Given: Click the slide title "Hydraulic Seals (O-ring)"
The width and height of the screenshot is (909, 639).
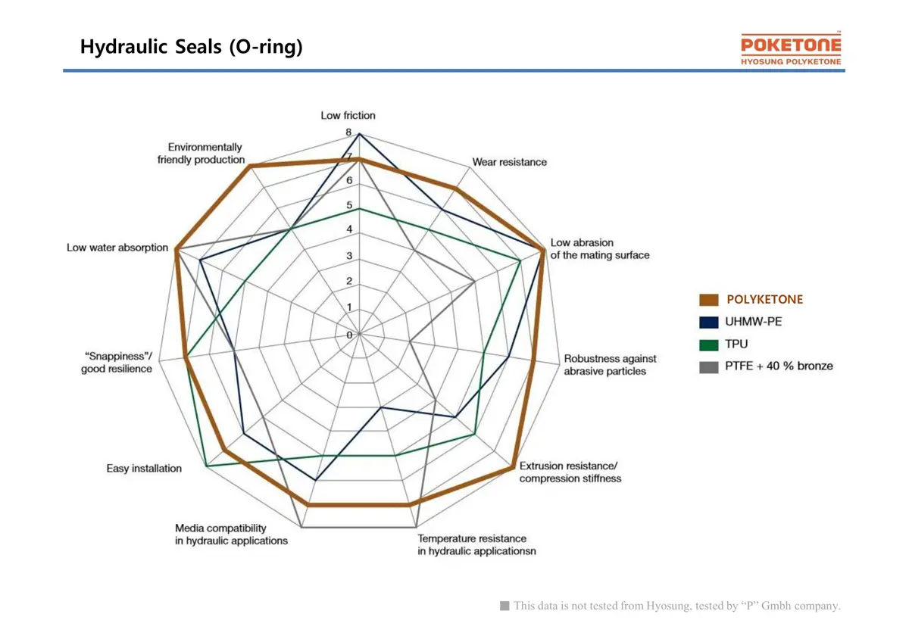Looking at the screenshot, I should pos(192,47).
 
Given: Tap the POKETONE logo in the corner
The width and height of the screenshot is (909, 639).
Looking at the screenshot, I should pos(791,49).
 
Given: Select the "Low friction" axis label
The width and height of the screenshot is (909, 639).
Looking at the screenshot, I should pos(348,115).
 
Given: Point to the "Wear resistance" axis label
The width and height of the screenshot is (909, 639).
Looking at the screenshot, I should pos(509,162).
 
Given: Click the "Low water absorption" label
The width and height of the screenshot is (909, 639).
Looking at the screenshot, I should pos(117,248).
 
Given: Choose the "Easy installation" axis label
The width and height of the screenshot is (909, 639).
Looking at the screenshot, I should pos(144,469).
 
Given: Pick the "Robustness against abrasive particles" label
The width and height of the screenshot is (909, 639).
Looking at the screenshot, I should pos(610,365).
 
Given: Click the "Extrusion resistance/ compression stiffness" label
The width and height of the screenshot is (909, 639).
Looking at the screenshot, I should pos(570,472).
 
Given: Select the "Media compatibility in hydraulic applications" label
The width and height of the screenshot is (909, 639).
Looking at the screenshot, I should pos(231,535).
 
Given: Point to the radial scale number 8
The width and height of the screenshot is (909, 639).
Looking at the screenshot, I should pos(348,132).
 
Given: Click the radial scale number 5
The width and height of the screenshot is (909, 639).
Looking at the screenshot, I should pos(348,205).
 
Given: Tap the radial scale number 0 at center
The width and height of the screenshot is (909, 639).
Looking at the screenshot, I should pos(349,335).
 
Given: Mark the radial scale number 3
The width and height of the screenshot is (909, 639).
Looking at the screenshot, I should pos(348,256).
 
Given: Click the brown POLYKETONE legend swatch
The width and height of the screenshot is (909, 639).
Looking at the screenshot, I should pos(709,300).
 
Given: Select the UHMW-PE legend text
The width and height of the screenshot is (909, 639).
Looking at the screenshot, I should pos(753,322).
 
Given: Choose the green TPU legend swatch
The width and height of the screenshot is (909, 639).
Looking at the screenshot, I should pos(709,344).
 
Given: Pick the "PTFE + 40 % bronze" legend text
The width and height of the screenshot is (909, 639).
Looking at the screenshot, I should pos(779,366).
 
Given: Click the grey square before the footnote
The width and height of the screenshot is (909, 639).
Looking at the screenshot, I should pos(504,606).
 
